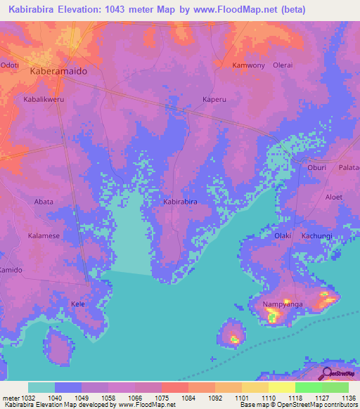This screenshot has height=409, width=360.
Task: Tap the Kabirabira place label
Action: click(180, 202)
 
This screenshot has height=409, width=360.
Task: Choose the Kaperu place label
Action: click(215, 99)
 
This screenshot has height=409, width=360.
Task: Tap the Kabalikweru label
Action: click(44, 100)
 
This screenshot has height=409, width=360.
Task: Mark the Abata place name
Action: click(44, 202)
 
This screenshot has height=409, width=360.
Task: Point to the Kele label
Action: click(77, 304)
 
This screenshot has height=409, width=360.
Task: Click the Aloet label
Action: click(334, 197)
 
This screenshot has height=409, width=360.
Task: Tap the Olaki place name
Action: click(283, 236)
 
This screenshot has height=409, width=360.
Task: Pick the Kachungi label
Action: click(316, 236)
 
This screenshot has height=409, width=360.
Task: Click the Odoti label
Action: click(10, 65)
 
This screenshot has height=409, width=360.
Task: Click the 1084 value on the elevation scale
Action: click(188, 397)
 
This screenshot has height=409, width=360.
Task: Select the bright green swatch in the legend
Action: click(308, 387)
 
